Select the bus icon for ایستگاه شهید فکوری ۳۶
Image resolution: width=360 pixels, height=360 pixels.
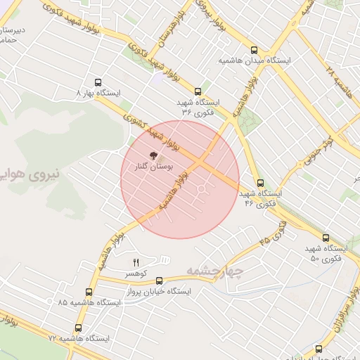pos(198,91)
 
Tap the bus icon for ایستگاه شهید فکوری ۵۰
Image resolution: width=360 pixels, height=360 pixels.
pos(324,238)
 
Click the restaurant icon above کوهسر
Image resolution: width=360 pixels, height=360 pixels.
pos(136,262)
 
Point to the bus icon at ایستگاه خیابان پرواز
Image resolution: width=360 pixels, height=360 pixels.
pos(159,280)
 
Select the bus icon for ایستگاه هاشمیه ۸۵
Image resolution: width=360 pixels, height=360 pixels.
pos(89,291)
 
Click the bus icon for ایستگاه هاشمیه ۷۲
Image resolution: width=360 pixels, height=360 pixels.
pos(77,328)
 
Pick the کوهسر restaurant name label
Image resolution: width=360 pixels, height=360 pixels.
pos(136,273)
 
